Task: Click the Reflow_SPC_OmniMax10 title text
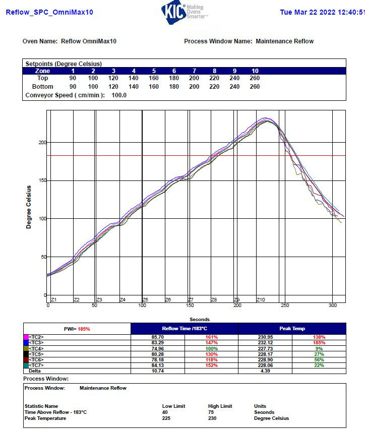tap(49, 12)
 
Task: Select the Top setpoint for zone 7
tap(194, 78)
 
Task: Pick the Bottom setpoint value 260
tap(255, 87)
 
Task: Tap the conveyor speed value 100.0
tap(119, 95)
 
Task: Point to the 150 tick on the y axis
tap(43, 180)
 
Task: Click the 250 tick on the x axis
tap(285, 305)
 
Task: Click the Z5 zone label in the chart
tap(145, 300)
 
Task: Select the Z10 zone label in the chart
tap(261, 300)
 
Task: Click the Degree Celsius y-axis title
tap(29, 207)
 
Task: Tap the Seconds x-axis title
tap(200, 320)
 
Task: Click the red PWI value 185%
tap(84, 329)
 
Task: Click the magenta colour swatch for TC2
tap(26, 337)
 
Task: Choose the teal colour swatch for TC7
tap(26, 365)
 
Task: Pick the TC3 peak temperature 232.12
tap(265, 343)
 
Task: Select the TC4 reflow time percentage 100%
tap(211, 348)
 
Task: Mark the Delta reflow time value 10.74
tap(157, 371)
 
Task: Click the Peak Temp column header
tap(292, 329)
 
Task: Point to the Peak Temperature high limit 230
tap(212, 418)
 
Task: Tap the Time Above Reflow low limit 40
tap(165, 412)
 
